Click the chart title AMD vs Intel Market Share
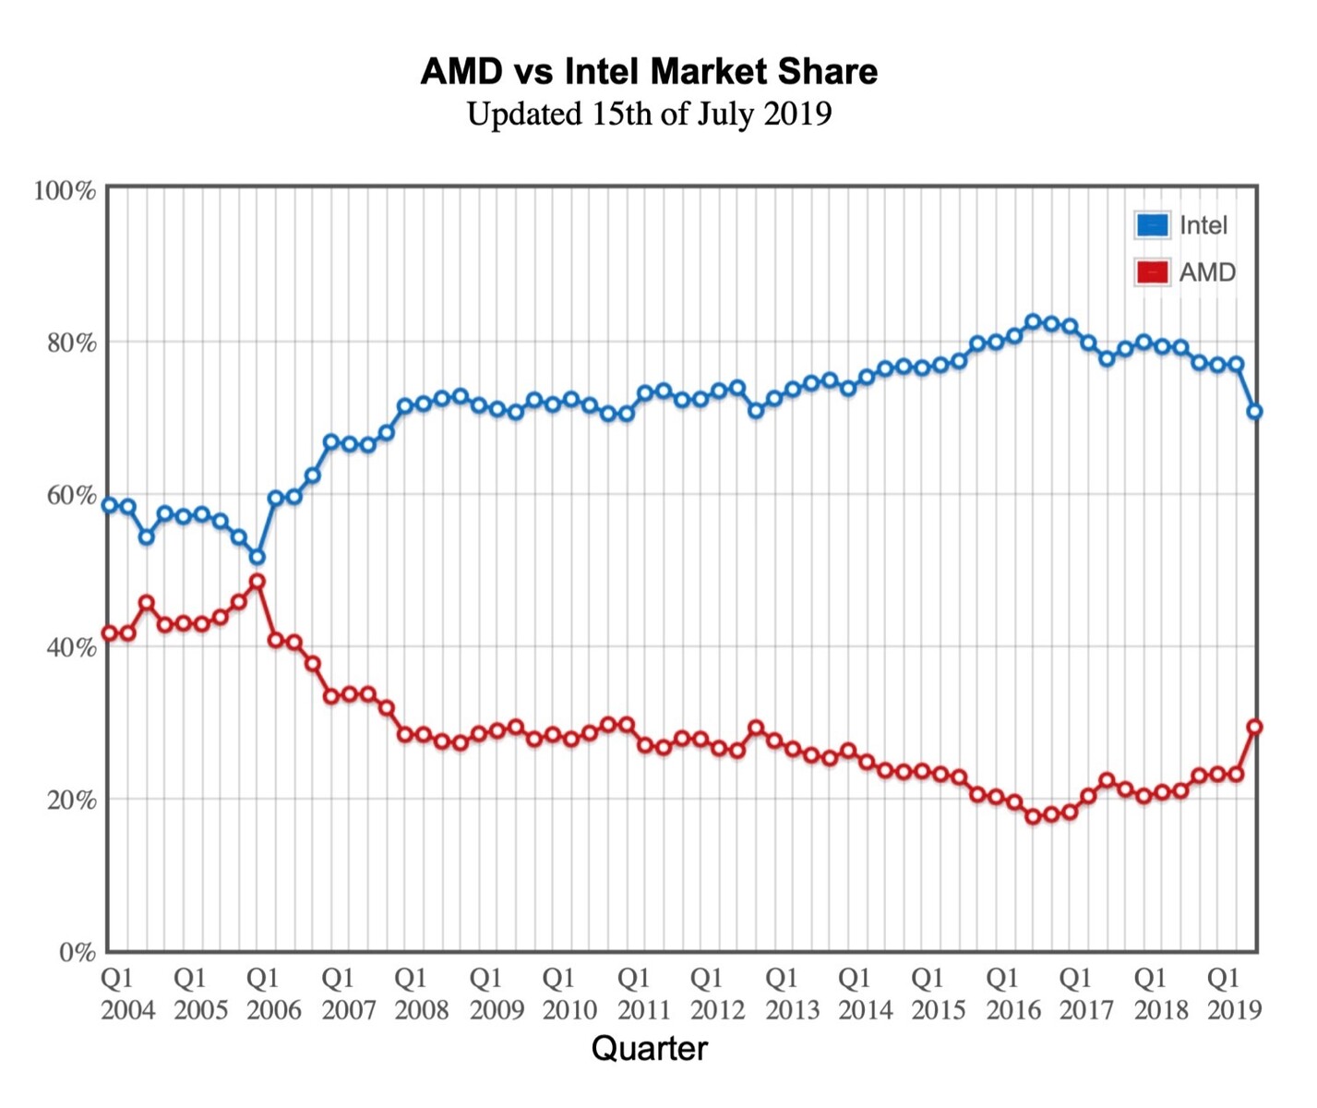649,71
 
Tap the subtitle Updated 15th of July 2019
649,114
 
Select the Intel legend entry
1182,225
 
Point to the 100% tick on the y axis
65,190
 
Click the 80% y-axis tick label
71,343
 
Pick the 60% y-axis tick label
71,495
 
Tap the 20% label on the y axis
71,800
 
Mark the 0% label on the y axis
77,952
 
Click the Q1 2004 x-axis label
127,994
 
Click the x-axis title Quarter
649,1049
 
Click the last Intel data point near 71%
1254,412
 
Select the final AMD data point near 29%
1254,727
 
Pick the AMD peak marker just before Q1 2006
257,582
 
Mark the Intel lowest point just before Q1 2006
257,557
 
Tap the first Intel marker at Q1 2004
110,505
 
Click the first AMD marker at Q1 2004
110,633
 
